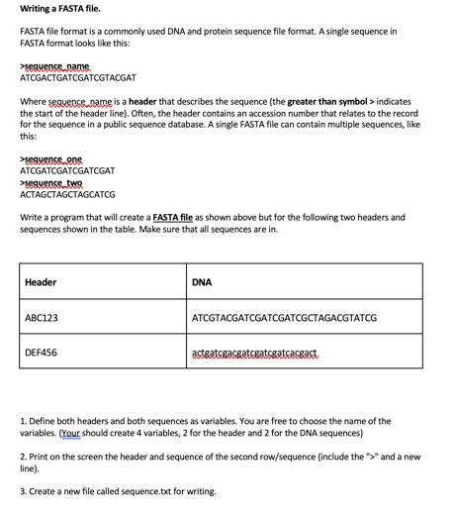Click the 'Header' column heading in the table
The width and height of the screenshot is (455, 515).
click(x=41, y=282)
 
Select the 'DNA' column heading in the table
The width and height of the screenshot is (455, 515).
click(x=202, y=282)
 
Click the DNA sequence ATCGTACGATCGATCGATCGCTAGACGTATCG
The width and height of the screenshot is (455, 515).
click(x=284, y=317)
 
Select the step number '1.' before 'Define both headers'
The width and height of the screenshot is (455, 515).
click(x=23, y=421)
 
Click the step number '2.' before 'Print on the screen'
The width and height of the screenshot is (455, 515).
click(x=23, y=457)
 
